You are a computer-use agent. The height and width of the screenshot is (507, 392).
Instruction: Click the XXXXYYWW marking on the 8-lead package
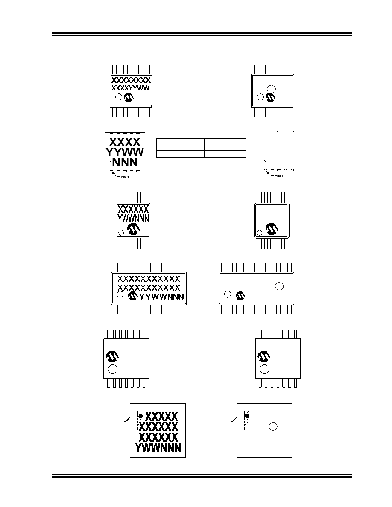tap(130, 88)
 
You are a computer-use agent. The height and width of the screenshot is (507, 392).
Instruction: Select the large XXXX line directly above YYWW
tap(125, 142)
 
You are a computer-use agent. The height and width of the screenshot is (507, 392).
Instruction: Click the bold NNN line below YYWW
tap(125, 162)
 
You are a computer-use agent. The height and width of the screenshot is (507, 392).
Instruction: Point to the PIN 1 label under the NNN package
tap(125, 177)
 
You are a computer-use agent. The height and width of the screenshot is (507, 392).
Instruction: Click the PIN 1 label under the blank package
tap(279, 175)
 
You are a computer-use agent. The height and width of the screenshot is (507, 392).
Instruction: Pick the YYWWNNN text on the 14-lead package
tap(161, 297)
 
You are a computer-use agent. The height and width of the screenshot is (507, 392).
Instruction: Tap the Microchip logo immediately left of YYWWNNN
tap(133, 296)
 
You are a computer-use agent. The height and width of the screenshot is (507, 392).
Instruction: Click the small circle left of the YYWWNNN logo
tap(120, 294)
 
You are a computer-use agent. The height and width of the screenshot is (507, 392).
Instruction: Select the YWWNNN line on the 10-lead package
tap(133, 218)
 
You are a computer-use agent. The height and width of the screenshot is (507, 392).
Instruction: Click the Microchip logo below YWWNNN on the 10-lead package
tap(133, 229)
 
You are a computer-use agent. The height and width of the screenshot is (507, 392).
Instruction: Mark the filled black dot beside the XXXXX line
tap(140, 416)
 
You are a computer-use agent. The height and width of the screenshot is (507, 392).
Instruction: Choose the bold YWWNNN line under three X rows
tap(158, 448)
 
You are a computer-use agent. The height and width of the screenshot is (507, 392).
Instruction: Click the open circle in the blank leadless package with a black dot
tap(273, 427)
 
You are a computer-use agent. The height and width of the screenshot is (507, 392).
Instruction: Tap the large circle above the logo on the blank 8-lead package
tap(271, 89)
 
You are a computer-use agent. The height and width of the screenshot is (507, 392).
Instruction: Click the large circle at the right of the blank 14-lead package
tap(279, 286)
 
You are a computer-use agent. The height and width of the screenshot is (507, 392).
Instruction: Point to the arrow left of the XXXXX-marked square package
tap(127, 420)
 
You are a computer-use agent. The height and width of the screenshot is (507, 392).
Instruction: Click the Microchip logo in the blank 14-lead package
tap(240, 295)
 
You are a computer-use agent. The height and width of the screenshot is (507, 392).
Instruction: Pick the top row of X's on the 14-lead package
tap(149, 279)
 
